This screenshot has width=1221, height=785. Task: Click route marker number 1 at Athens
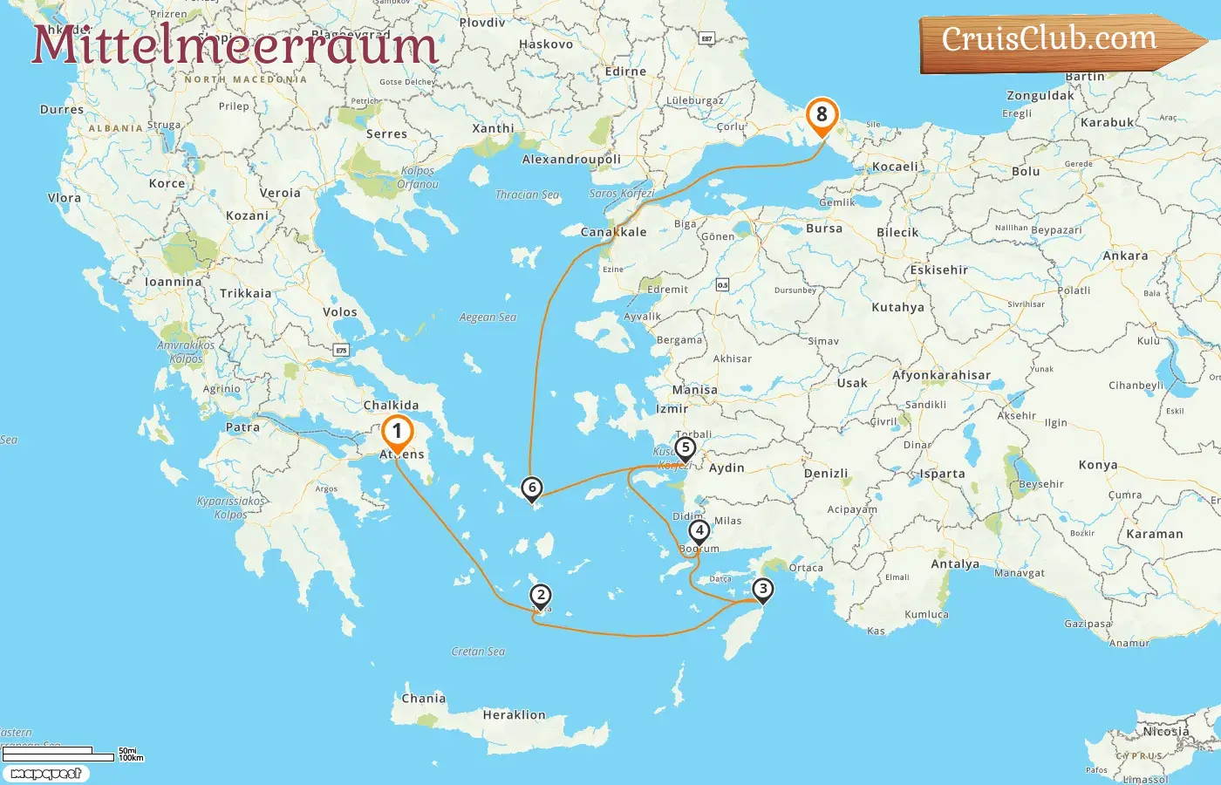pos(397,432)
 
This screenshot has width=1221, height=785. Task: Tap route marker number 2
pos(541,596)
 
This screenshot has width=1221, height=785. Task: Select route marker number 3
pos(762,590)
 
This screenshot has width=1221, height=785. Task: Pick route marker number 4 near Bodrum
pos(699,530)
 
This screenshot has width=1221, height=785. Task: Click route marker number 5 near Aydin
pos(685,448)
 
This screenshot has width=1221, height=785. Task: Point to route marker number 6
pos(531,488)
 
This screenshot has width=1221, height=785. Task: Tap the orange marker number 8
pos(821,115)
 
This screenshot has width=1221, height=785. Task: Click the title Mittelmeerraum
pos(235,45)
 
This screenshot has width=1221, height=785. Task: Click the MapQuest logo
pos(45,774)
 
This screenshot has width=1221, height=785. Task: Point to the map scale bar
pos(59,754)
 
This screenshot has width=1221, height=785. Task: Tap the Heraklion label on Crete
pos(514,715)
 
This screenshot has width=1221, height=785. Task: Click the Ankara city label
pos(1125,256)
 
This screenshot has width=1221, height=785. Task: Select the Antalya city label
pos(955,564)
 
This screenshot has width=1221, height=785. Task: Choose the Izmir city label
pos(672,408)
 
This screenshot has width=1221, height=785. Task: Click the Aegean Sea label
pos(488,317)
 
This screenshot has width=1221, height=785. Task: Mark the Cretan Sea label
pos(478,652)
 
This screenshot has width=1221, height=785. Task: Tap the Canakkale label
pos(614,232)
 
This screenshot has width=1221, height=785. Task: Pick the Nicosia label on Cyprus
pos(1166,732)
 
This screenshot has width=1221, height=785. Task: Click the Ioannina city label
pos(173,283)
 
